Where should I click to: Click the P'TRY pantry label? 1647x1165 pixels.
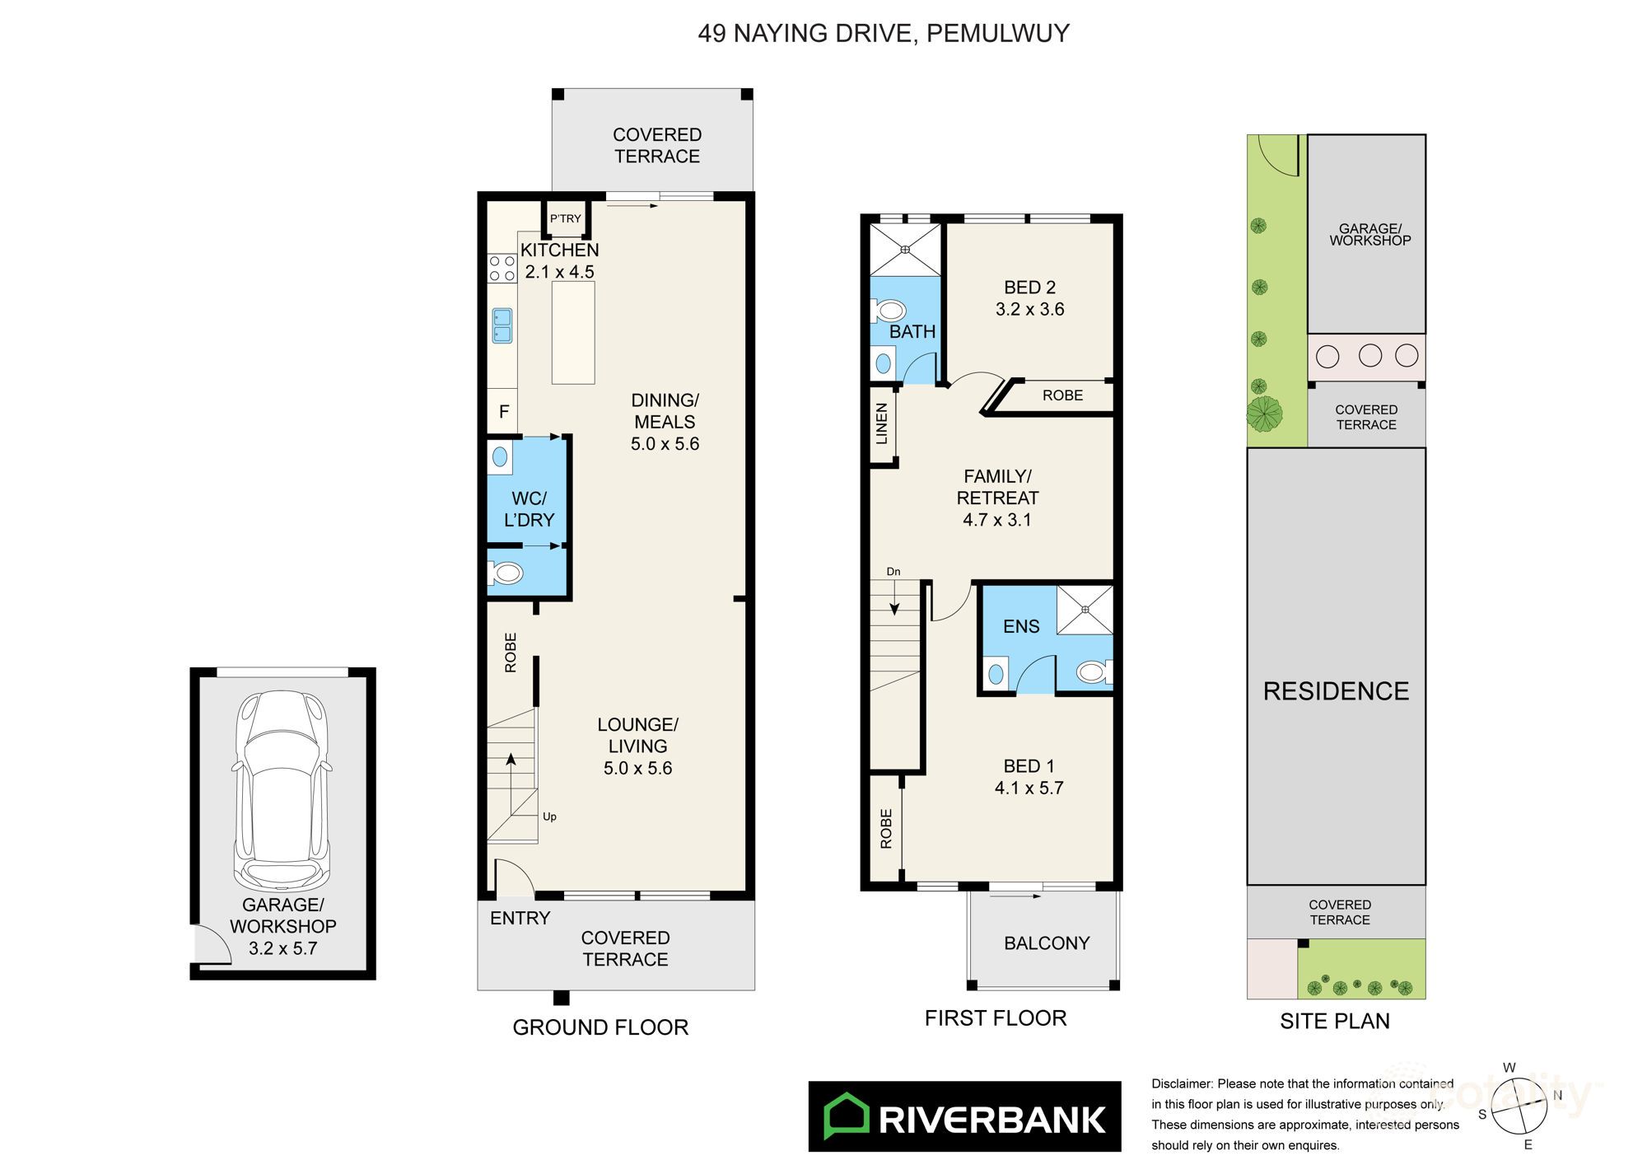pyautogui.click(x=565, y=218)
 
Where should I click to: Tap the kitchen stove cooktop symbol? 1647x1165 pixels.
pyautogui.click(x=502, y=269)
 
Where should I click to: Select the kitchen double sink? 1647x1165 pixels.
pyautogui.click(x=502, y=325)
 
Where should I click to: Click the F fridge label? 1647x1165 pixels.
pyautogui.click(x=503, y=411)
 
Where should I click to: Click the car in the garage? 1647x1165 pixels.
pyautogui.click(x=282, y=787)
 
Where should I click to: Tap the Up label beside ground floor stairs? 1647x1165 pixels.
pyautogui.click(x=549, y=816)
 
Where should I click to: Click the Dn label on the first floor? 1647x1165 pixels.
pyautogui.click(x=893, y=571)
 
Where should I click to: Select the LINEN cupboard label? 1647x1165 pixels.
pyautogui.click(x=882, y=423)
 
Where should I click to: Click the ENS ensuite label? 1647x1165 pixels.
pyautogui.click(x=1021, y=626)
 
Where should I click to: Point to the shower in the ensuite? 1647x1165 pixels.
pyautogui.click(x=1085, y=610)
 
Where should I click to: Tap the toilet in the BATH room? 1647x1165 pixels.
pyautogui.click(x=889, y=311)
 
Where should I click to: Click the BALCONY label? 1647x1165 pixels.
pyautogui.click(x=1047, y=943)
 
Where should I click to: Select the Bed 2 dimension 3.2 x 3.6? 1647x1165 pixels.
pyautogui.click(x=1029, y=309)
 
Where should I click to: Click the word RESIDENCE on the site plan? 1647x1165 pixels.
pyautogui.click(x=1336, y=690)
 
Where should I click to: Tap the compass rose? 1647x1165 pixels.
pyautogui.click(x=1519, y=1107)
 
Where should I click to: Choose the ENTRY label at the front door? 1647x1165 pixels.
pyautogui.click(x=520, y=918)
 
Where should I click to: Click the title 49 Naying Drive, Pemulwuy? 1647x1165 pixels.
pyautogui.click(x=884, y=33)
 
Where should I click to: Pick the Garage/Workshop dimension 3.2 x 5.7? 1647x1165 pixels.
pyautogui.click(x=282, y=947)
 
